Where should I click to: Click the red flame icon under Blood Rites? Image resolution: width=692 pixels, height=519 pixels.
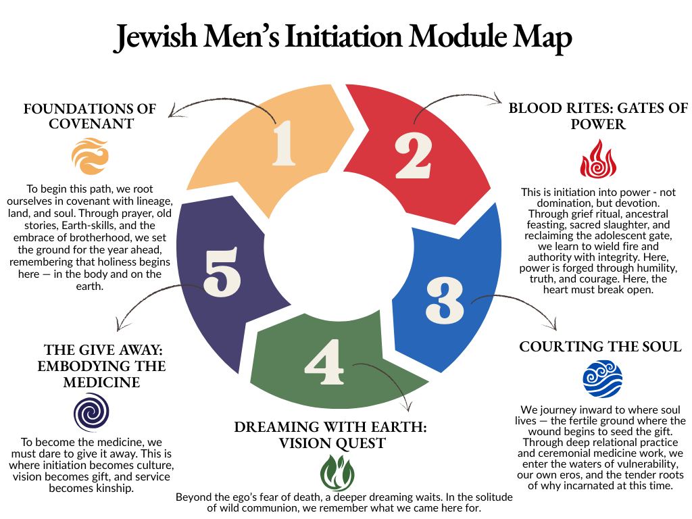tap(595, 159)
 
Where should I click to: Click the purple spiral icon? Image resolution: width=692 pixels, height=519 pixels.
tap(91, 412)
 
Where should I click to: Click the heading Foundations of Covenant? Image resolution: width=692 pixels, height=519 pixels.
tap(90, 116)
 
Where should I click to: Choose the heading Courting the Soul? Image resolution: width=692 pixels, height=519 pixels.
tap(600, 347)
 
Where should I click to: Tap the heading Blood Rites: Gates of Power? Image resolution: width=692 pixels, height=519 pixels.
tap(598, 116)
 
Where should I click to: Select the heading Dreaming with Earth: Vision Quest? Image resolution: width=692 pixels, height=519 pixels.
tap(330, 435)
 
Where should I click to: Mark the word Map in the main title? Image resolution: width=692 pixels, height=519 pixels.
tap(545, 37)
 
